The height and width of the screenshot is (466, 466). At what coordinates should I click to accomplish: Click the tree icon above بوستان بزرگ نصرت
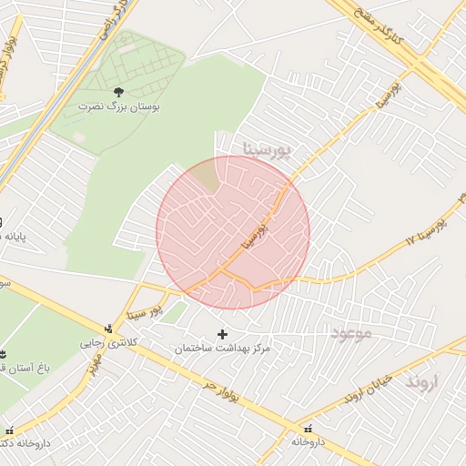point(118,91)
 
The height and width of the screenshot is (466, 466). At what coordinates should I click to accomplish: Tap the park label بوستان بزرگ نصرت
point(118,106)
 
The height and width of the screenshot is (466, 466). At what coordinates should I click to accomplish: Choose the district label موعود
point(351,333)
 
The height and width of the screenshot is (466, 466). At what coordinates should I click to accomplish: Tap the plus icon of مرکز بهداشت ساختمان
point(223,334)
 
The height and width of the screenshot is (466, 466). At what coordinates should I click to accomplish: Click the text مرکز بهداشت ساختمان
point(223,349)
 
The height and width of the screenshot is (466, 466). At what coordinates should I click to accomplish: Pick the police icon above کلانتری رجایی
point(110,329)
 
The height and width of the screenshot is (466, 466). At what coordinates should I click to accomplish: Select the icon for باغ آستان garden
point(3,353)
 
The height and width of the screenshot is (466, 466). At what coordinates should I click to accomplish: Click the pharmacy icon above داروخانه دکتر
point(9,430)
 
